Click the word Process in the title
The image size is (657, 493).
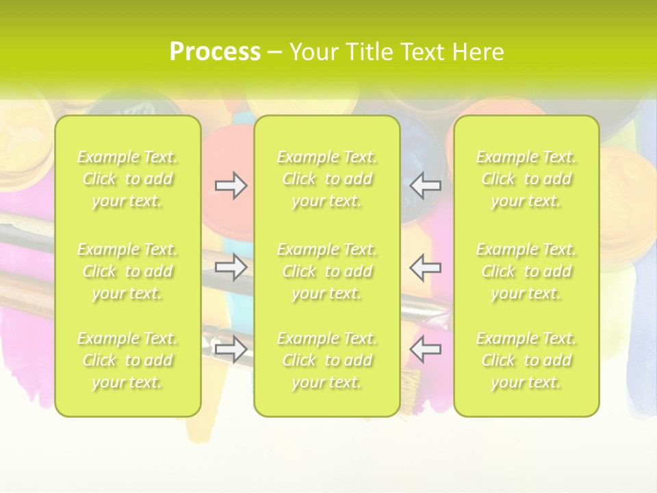tap(215, 52)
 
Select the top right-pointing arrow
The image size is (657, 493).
tap(231, 186)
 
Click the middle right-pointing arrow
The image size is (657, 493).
tap(231, 267)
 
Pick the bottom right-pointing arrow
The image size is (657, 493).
tap(231, 349)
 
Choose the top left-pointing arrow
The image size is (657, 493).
tap(426, 186)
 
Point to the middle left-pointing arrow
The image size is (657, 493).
tap(426, 267)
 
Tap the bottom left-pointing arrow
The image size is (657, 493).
tap(426, 349)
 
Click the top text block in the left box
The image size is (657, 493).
tap(127, 179)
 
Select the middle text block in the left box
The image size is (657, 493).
tap(127, 271)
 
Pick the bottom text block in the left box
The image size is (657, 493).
tap(127, 360)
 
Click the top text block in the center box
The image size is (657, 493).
tap(326, 179)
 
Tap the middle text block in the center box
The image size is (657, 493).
tap(326, 271)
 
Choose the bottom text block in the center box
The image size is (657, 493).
tap(326, 360)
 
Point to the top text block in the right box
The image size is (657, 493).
tap(526, 179)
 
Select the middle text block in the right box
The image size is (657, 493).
tap(526, 271)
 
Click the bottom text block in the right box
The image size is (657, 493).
tap(526, 360)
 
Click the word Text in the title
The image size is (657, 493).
tap(423, 52)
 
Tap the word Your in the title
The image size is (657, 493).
tap(312, 52)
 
